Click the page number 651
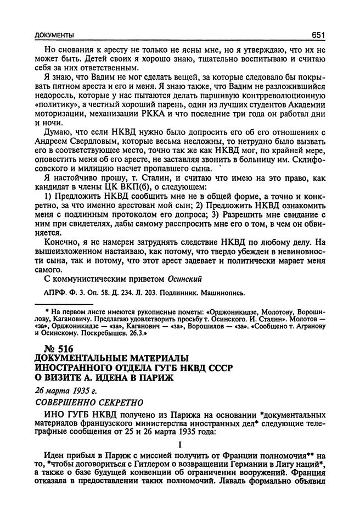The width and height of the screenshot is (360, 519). pos(317,36)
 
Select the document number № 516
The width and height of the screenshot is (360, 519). pos(58,348)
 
